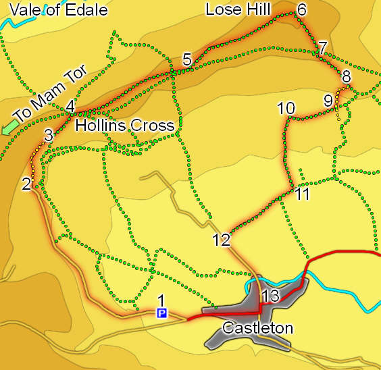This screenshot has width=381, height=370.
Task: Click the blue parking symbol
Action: click(x=161, y=313)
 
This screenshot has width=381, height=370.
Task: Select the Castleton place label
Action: click(x=258, y=329)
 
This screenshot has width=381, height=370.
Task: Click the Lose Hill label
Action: click(x=238, y=9)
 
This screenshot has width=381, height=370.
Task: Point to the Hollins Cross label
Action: click(x=125, y=126)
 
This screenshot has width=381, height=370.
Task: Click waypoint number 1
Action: click(x=161, y=299)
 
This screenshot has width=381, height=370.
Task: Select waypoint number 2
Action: click(x=26, y=183)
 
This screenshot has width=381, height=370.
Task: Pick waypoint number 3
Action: click(x=48, y=134)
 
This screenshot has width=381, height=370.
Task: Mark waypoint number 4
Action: click(x=70, y=107)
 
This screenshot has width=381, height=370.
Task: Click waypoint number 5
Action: click(x=187, y=58)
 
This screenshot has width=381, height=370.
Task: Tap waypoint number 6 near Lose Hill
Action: click(x=301, y=9)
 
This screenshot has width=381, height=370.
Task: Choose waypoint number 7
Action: click(x=323, y=47)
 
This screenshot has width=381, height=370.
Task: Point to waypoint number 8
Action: click(x=346, y=76)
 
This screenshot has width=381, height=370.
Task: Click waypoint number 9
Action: click(x=328, y=100)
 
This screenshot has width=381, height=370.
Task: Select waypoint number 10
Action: click(x=286, y=108)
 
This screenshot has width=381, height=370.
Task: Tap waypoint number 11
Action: click(x=303, y=194)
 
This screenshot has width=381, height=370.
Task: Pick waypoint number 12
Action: click(x=221, y=240)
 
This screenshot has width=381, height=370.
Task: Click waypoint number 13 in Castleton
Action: click(x=270, y=296)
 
